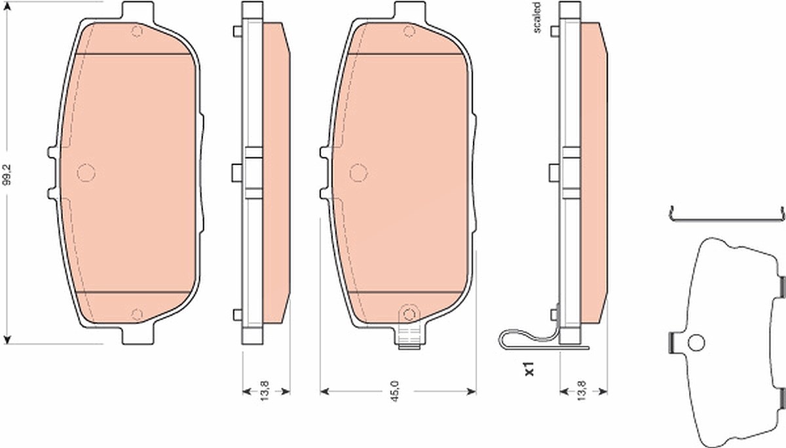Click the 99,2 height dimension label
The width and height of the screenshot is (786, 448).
point(7,174)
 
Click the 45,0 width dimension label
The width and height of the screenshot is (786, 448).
point(395,391)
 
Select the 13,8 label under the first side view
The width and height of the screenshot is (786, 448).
point(265,391)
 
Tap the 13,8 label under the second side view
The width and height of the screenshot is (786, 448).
point(582,391)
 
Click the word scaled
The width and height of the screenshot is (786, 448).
point(536,18)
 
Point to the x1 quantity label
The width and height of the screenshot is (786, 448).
point(529,369)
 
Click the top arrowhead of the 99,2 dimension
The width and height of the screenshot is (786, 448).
point(7,6)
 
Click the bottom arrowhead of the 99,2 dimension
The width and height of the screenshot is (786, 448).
point(7,339)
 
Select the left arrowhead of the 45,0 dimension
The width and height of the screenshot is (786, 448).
point(325,391)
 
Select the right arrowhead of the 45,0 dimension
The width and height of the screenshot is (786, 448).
point(472,391)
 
